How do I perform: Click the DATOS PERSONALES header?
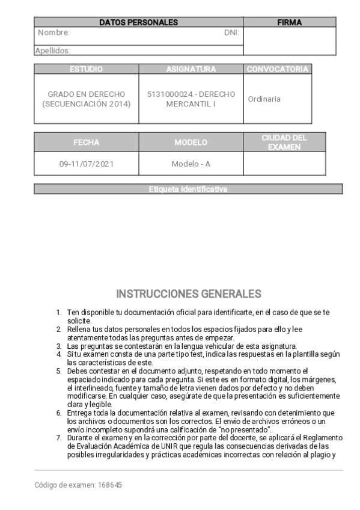(138, 23)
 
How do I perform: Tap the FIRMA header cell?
(289, 23)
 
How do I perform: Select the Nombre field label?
(53, 33)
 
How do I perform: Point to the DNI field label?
(231, 33)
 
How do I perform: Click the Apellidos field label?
(53, 51)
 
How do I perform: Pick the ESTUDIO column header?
(86, 69)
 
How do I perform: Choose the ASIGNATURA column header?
(191, 69)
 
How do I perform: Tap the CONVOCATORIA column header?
(278, 69)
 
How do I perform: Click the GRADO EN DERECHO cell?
(86, 99)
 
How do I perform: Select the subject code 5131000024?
(170, 94)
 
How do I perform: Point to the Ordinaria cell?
(264, 99)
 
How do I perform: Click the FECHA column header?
(86, 143)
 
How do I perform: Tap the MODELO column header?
(191, 143)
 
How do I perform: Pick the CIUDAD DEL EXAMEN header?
(284, 143)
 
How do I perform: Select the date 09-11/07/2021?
(86, 164)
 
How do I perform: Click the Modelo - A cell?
(191, 164)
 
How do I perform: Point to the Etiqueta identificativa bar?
(188, 189)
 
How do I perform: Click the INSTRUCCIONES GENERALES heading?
(188, 294)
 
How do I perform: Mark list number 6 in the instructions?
(59, 413)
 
